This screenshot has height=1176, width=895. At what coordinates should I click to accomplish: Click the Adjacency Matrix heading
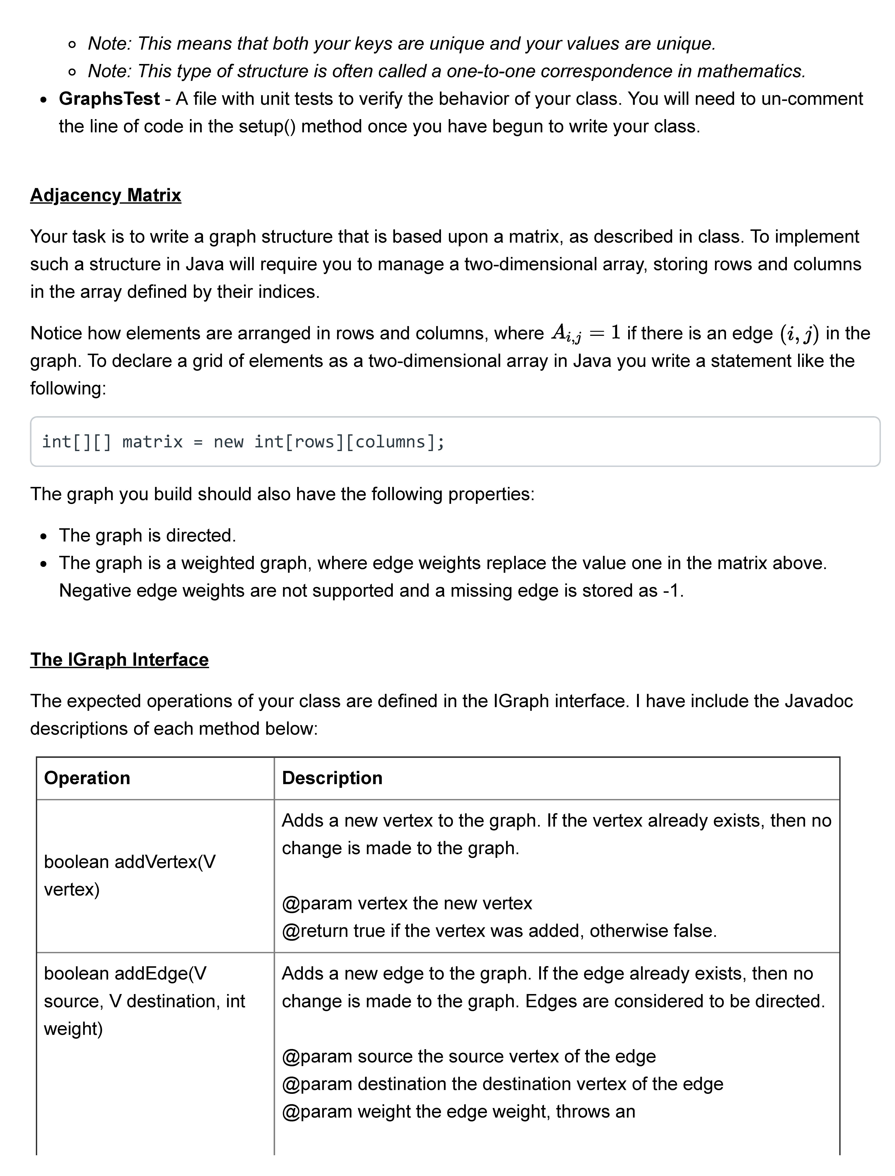(106, 195)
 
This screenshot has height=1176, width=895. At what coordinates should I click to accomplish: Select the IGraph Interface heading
(119, 660)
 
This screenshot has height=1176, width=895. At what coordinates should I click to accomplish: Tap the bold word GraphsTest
(109, 99)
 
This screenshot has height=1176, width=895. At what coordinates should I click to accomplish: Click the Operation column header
(87, 778)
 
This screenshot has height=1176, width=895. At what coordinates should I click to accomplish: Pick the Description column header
(332, 778)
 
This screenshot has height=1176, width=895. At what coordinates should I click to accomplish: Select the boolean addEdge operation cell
(144, 1001)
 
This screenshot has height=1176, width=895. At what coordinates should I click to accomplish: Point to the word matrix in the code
(152, 442)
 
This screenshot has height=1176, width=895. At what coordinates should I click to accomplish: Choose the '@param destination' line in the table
(502, 1084)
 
